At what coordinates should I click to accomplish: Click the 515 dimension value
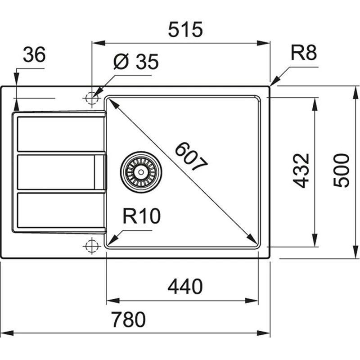[185, 30]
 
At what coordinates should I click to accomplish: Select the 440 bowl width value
[185, 286]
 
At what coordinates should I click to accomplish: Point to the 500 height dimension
[342, 170]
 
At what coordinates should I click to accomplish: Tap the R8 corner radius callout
[304, 53]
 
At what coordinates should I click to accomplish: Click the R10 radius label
[141, 217]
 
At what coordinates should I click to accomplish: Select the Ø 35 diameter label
[135, 63]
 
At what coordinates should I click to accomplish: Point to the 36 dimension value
[34, 55]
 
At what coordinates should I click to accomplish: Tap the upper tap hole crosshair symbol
[91, 98]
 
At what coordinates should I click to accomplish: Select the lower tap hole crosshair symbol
[91, 246]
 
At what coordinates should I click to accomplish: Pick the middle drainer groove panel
[56, 172]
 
